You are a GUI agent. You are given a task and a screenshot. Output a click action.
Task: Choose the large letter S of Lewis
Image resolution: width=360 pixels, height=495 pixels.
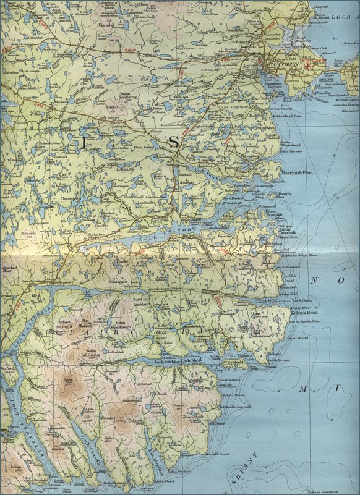coord(174,142)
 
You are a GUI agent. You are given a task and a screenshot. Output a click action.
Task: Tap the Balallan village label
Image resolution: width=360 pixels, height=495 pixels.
coord(108,235)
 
